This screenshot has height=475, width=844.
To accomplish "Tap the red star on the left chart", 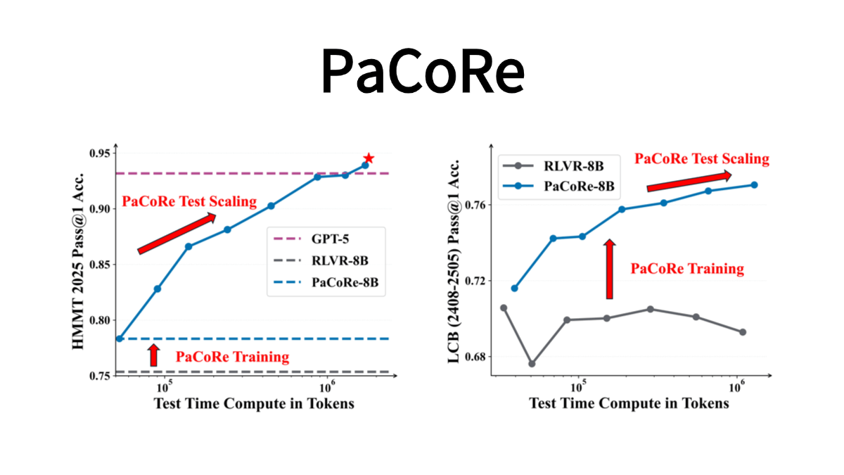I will (369, 159).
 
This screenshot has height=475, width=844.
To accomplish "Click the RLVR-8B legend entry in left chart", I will (338, 261).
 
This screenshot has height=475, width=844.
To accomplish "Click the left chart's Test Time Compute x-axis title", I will (254, 404).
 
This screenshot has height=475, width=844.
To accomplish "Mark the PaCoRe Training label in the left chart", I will (232, 357).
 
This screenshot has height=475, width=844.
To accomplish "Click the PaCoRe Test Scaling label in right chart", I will (702, 158).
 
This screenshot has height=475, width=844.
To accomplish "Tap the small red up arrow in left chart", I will (155, 355).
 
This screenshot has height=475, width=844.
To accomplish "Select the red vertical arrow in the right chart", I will (609, 268).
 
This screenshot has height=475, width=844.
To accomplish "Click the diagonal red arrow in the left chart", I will (177, 233).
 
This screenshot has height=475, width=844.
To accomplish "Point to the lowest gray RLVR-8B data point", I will (532, 364).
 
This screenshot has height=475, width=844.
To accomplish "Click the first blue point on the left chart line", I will (120, 338).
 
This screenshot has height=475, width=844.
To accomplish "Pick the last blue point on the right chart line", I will (754, 184).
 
